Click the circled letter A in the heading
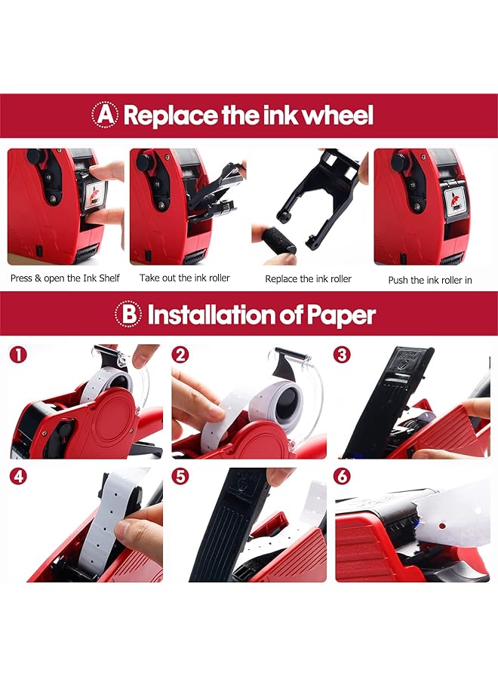(x=105, y=115)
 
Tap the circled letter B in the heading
(x=128, y=314)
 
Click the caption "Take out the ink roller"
(x=185, y=278)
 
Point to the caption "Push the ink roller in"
(x=430, y=280)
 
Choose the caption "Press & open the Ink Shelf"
(x=65, y=278)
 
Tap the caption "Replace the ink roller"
(x=309, y=279)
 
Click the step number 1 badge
(x=18, y=355)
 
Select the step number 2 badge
(x=180, y=355)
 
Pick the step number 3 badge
(x=342, y=355)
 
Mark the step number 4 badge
(x=18, y=476)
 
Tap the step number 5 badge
(x=180, y=476)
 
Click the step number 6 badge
(x=342, y=476)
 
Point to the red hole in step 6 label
(x=441, y=526)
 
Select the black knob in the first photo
(x=36, y=157)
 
